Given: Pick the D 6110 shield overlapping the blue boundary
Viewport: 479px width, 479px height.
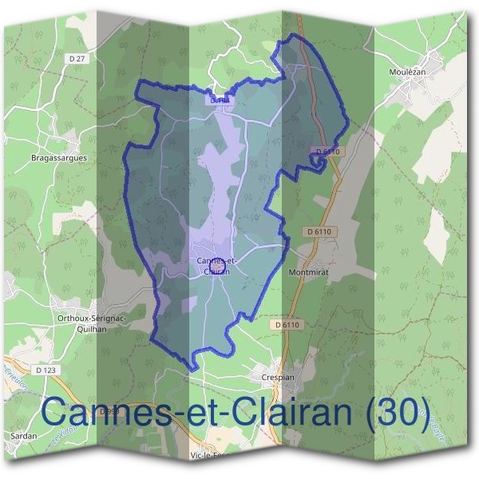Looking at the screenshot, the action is click(x=327, y=151).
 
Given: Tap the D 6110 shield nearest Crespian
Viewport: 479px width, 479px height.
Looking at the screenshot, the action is click(x=289, y=325).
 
